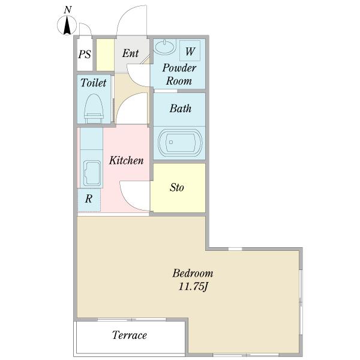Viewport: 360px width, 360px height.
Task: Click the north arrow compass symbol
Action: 67,25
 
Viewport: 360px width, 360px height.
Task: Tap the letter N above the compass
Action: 67,10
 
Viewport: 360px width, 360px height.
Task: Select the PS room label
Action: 85,55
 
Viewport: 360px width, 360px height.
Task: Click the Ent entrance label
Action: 130,53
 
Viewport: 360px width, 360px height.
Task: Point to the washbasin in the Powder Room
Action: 164,47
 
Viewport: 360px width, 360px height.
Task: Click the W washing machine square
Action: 190,51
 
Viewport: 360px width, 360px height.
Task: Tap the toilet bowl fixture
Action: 94,109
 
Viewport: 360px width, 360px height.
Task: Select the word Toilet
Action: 94,83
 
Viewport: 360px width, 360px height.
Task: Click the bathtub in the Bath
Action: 179,143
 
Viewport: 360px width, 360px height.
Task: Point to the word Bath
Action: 181,109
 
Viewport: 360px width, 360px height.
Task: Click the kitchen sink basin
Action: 92,173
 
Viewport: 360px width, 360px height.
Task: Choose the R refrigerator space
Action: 89,200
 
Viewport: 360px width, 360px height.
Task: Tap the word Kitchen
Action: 126,160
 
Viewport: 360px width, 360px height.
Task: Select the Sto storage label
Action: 177,187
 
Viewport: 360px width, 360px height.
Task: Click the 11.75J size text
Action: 193,287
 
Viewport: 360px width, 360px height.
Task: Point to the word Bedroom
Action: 193,274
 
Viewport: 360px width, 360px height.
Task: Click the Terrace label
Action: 130,335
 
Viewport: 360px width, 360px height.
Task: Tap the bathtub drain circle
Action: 171,142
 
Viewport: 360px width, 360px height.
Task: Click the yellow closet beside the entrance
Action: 105,55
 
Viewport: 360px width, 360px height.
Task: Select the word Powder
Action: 179,68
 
